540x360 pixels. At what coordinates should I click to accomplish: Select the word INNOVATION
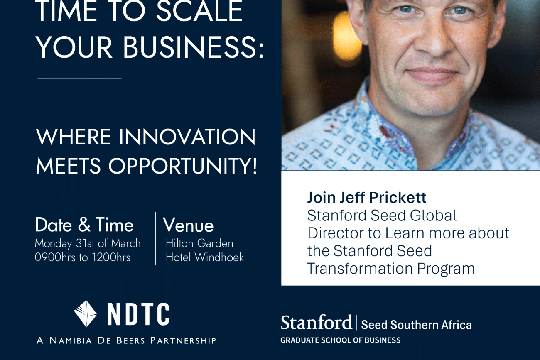click(x=187, y=137)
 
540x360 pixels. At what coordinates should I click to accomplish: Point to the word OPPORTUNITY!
click(x=183, y=166)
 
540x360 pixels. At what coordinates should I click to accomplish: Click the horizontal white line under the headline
click(x=79, y=78)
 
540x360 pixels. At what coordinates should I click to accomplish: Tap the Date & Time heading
click(x=84, y=225)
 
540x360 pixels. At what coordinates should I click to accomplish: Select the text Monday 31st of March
click(x=88, y=243)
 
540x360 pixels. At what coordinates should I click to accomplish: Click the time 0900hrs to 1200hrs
click(x=83, y=257)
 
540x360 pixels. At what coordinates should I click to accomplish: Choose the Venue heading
click(x=189, y=225)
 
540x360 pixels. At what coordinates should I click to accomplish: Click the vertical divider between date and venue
click(x=155, y=238)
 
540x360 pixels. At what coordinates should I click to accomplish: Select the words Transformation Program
click(x=391, y=269)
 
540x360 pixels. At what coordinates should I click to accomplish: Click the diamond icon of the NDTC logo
click(x=86, y=314)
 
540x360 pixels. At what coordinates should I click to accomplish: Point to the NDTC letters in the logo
click(x=138, y=314)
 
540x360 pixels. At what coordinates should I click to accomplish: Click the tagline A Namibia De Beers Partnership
click(x=126, y=341)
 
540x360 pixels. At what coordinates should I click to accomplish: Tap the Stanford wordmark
click(x=316, y=323)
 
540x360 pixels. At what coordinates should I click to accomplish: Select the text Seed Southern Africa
click(x=416, y=325)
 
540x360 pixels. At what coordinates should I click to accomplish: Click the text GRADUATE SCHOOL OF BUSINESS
click(x=340, y=340)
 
